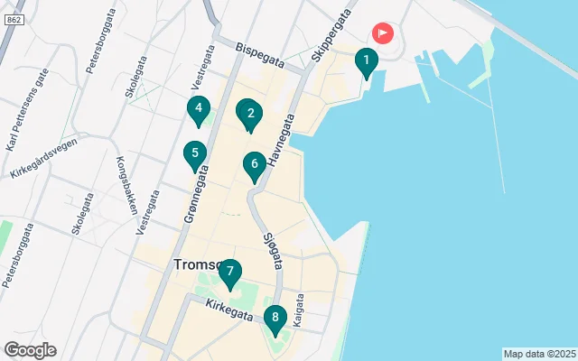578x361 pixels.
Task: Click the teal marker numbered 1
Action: pyautogui.click(x=366, y=62)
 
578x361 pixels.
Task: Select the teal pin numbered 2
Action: pyautogui.click(x=248, y=114)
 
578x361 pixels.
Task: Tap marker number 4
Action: pyautogui.click(x=198, y=109)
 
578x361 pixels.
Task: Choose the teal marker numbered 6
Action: pyautogui.click(x=255, y=165)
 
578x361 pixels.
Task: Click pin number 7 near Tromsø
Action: pyautogui.click(x=230, y=273)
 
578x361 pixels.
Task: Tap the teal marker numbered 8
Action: pyautogui.click(x=275, y=319)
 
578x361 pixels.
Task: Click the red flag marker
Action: pyautogui.click(x=384, y=34)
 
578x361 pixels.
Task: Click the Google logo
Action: pyautogui.click(x=30, y=350)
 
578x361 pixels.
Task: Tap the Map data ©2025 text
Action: pyautogui.click(x=539, y=354)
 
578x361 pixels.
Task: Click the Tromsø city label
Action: pyautogui.click(x=197, y=264)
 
